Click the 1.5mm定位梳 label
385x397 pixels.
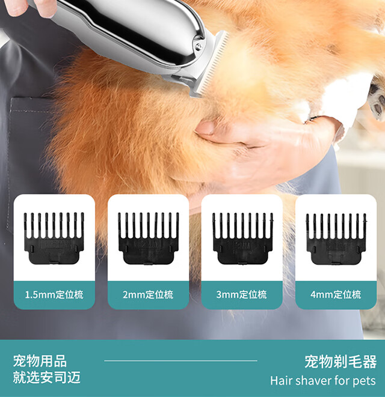pos(54,294)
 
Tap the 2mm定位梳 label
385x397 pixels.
pos(148,294)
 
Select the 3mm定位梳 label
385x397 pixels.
pos(241,294)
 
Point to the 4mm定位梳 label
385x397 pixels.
pos(336,294)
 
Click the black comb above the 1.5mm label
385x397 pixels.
pos(54,238)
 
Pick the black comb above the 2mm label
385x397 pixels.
pos(149,238)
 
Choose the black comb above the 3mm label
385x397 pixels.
pos(242,238)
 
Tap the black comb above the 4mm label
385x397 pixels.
pos(336,239)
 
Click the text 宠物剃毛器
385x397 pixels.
pos(340,362)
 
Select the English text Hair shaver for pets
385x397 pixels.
pos(322,381)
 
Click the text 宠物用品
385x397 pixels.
pos(40,361)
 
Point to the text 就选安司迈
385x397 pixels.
pos(47,377)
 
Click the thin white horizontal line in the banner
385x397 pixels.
pos(180,361)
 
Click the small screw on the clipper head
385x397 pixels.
pos(198,46)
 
